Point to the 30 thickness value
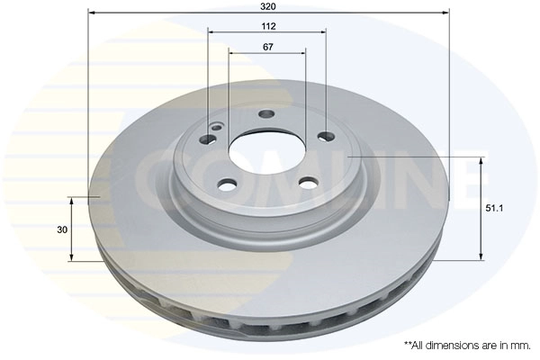point(62,229)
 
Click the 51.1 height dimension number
point(494,209)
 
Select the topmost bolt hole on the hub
point(265,114)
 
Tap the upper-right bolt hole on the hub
point(326,137)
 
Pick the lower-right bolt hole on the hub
point(308,184)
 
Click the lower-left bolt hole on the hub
point(227,184)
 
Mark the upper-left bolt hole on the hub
point(206,139)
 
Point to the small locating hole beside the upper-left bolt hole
point(216,128)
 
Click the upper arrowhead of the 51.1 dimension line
point(483,162)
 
